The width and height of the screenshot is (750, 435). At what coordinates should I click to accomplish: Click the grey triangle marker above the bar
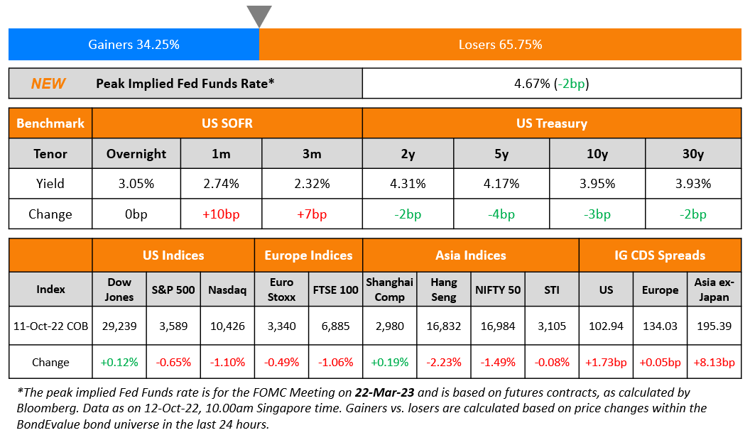point(259,15)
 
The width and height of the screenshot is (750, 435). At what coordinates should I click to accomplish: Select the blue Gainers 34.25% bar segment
point(134,45)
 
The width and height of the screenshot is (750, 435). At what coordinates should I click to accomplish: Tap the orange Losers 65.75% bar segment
point(500,45)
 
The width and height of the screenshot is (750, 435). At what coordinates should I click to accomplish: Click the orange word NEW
point(48,84)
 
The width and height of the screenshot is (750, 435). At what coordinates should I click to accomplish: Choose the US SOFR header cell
point(227,123)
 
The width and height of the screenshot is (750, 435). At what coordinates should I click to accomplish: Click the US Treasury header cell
point(552,123)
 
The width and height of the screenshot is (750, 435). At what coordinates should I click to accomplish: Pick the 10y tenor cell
point(597,154)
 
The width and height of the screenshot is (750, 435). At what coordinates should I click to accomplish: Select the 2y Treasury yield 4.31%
point(408,184)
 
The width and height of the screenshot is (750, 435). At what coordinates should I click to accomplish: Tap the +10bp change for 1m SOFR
point(222,214)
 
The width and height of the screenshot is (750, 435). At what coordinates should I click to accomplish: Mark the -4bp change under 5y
point(501,214)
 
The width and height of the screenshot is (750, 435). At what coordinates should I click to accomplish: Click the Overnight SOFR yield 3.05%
point(136,184)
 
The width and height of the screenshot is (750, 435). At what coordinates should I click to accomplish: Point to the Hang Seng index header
point(444,290)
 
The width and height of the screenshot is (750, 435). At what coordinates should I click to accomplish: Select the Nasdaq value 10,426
point(227,326)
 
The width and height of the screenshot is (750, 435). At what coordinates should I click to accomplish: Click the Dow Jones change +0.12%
point(119,362)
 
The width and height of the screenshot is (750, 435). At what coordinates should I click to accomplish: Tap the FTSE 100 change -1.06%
point(336,362)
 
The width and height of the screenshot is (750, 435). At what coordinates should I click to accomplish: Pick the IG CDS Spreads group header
point(660,255)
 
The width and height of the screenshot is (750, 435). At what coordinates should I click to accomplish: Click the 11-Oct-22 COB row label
point(50,326)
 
